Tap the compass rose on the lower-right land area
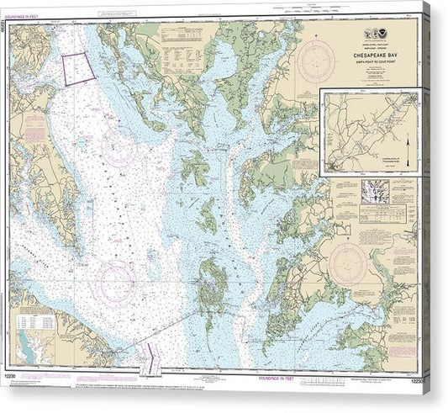tap(347, 263)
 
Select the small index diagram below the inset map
tap(371, 192)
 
